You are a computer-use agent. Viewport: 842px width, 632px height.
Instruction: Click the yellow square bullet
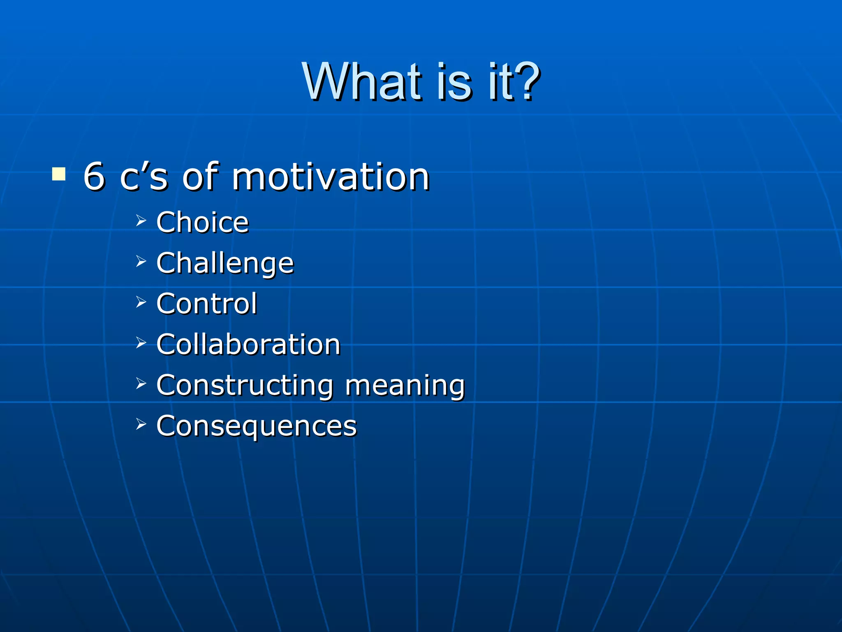tap(59, 174)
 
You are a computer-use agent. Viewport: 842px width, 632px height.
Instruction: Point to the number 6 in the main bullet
tap(94, 177)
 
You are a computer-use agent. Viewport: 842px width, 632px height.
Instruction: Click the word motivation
tap(331, 177)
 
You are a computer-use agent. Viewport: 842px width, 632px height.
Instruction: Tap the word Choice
tap(202, 223)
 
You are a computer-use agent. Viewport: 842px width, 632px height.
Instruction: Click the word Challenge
tap(225, 263)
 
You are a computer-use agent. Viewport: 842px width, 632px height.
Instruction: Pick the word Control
tap(206, 304)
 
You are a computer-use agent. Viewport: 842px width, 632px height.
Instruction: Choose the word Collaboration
tap(248, 344)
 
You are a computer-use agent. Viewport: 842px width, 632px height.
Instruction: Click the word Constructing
tap(245, 386)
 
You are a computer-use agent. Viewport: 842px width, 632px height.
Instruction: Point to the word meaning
tap(405, 386)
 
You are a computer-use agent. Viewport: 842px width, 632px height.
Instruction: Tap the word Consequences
tap(257, 426)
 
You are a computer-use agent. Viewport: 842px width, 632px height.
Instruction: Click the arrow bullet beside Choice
tap(141, 221)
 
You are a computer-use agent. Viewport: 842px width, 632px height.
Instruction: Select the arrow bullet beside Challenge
tap(141, 261)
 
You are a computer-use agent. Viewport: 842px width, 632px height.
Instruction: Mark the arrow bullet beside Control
tap(141, 302)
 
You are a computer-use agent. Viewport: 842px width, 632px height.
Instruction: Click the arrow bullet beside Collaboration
tap(141, 342)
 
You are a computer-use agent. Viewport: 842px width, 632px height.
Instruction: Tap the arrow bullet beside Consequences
tap(141, 424)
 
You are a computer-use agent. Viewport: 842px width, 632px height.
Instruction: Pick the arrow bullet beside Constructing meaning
tap(141, 383)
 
